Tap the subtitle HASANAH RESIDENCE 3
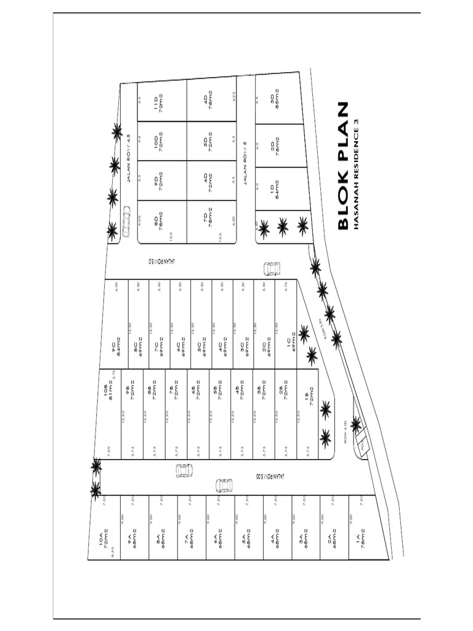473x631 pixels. [x=356, y=174]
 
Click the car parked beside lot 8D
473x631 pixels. [x=126, y=221]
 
